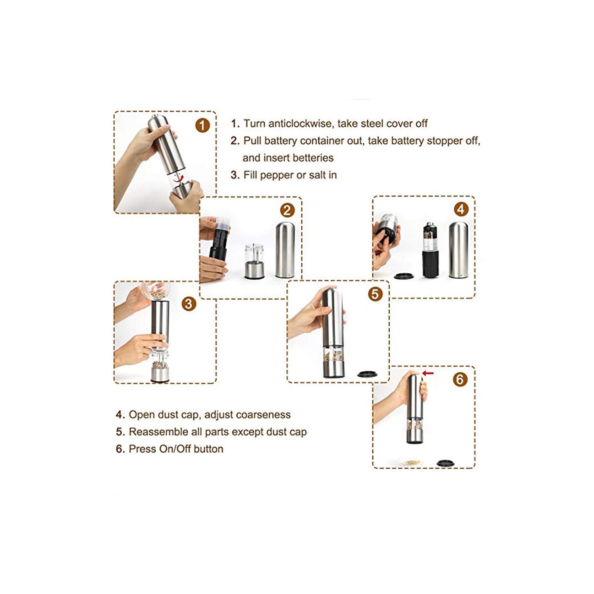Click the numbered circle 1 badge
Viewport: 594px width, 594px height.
(202, 126)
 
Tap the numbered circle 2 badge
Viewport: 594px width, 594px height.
(287, 210)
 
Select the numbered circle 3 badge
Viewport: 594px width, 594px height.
(188, 304)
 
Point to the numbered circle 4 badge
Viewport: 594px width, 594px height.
(461, 209)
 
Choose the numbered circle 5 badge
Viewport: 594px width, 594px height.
(375, 294)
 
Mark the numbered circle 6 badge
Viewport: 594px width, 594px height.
(460, 379)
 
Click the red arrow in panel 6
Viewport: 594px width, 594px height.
(428, 373)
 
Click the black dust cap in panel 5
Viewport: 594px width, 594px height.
(367, 374)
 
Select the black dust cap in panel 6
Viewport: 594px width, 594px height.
(445, 463)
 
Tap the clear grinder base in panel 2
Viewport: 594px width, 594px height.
(254, 261)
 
